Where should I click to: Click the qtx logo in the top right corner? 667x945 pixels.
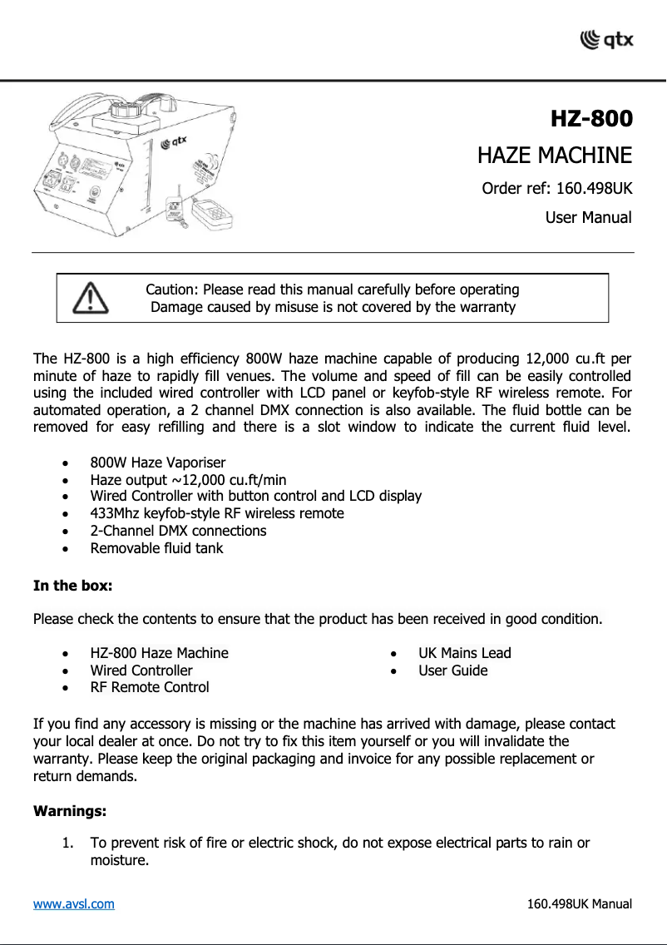coord(605,38)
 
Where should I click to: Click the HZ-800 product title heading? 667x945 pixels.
coord(590,119)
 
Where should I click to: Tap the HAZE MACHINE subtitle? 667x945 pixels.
coord(554,156)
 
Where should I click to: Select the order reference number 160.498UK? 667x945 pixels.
coord(594,188)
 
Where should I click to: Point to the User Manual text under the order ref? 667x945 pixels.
coord(588,218)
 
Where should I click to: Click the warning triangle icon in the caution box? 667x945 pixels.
coord(89,298)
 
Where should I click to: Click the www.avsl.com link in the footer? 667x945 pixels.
coord(73,903)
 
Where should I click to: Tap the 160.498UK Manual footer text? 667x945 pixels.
coord(580,903)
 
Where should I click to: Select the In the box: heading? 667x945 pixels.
coord(72,586)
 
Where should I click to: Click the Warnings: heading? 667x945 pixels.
coord(69,809)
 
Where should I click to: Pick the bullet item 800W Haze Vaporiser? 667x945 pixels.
coord(157,463)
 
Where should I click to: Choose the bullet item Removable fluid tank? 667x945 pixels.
coord(156,548)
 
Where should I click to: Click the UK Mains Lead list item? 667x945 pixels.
coord(464,653)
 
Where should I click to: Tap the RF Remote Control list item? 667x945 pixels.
coord(149,687)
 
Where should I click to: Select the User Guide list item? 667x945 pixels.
coord(452,670)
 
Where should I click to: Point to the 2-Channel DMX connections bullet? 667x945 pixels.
coord(178,531)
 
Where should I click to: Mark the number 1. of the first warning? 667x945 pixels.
coord(69,844)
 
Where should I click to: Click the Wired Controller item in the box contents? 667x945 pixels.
coord(141,670)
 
